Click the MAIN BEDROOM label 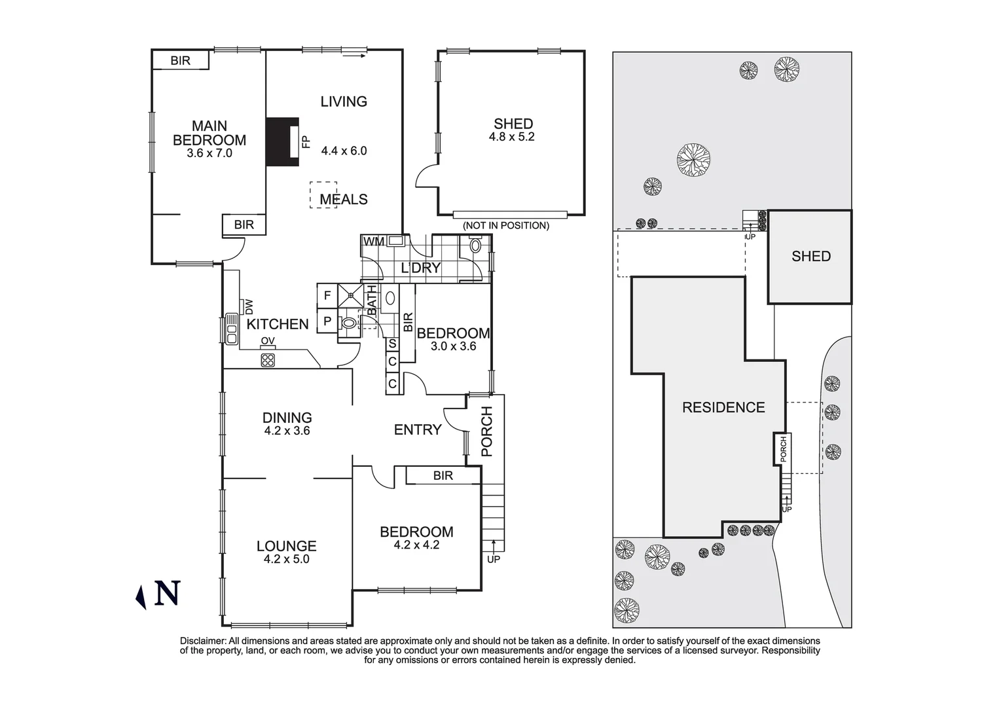click(x=209, y=133)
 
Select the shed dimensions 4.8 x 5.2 click(x=511, y=137)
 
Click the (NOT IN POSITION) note click(x=505, y=226)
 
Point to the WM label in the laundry click(x=374, y=242)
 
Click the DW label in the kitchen click(x=248, y=306)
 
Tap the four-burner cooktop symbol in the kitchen click(x=268, y=359)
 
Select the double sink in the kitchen click(x=231, y=329)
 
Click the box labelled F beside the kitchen click(x=327, y=295)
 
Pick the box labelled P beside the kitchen click(x=327, y=321)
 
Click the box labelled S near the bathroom click(x=392, y=344)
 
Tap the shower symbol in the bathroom click(x=351, y=295)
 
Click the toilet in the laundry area click(x=475, y=246)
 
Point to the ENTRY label click(x=417, y=429)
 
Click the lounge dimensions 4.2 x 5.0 click(x=286, y=559)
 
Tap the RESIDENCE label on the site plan click(x=723, y=407)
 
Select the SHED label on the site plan click(x=810, y=257)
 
